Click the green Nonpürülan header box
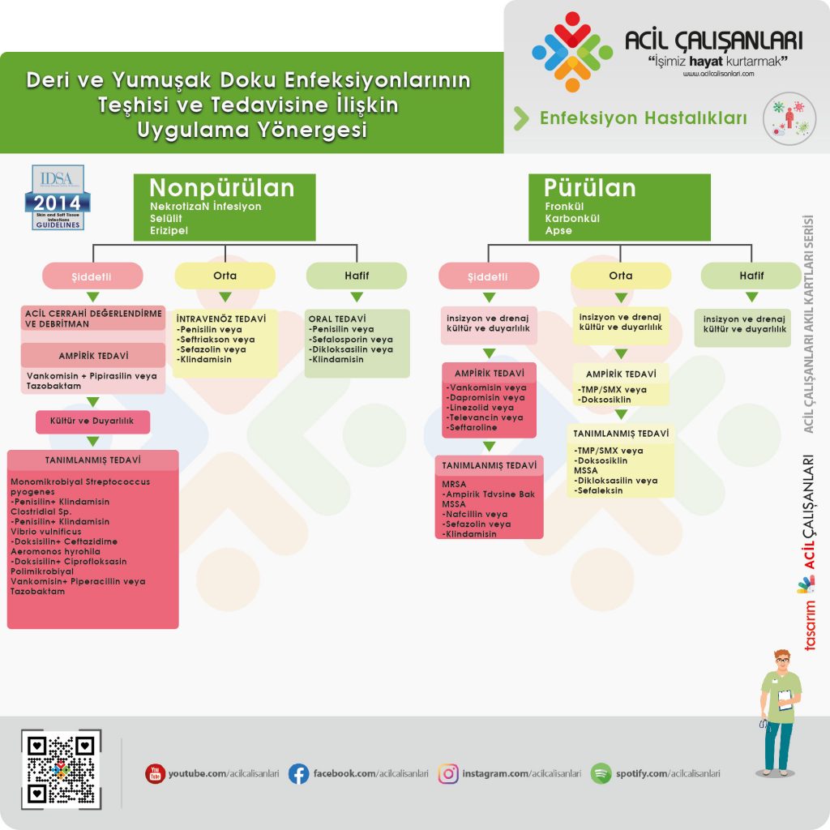[x=225, y=207]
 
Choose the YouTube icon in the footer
[x=155, y=774]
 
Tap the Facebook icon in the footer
[x=298, y=774]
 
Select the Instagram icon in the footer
[x=448, y=774]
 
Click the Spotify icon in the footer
[x=601, y=774]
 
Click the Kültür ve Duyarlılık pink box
[x=93, y=421]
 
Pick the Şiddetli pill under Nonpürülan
[x=93, y=276]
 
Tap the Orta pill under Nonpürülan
[x=225, y=276]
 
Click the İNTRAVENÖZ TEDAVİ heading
[x=221, y=319]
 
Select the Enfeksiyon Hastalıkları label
[x=643, y=118]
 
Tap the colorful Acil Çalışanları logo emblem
[x=572, y=52]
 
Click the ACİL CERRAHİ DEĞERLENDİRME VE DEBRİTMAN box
[x=93, y=319]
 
